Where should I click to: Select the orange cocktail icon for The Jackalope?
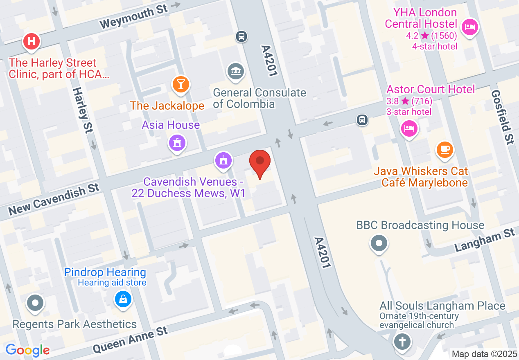click(181, 84)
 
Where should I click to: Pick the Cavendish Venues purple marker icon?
click(223, 160)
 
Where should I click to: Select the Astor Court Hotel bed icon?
click(409, 129)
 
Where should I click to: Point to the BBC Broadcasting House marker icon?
click(379, 244)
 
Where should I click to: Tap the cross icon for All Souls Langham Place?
click(402, 341)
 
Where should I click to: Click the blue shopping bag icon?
click(123, 299)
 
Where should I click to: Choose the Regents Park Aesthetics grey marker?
click(35, 303)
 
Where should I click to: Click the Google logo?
click(27, 350)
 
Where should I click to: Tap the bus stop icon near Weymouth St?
click(241, 36)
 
